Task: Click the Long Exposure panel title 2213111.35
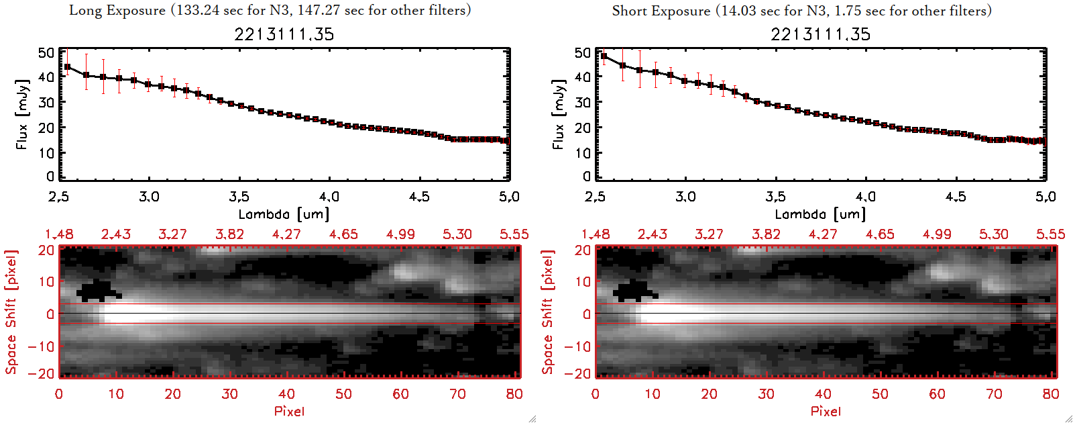click(284, 34)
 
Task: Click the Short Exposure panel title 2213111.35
click(820, 34)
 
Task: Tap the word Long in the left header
click(84, 10)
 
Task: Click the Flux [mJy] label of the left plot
click(22, 114)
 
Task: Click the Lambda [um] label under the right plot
click(820, 214)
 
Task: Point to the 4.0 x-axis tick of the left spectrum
click(329, 197)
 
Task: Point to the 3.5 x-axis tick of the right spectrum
click(775, 197)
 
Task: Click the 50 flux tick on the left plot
click(46, 52)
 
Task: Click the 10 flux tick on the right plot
click(583, 152)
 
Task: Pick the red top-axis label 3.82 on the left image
click(229, 234)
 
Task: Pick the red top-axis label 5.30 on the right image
click(993, 234)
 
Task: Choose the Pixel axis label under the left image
click(289, 411)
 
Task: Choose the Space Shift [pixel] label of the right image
click(547, 312)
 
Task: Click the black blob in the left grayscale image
click(97, 291)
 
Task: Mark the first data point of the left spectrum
click(67, 67)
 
